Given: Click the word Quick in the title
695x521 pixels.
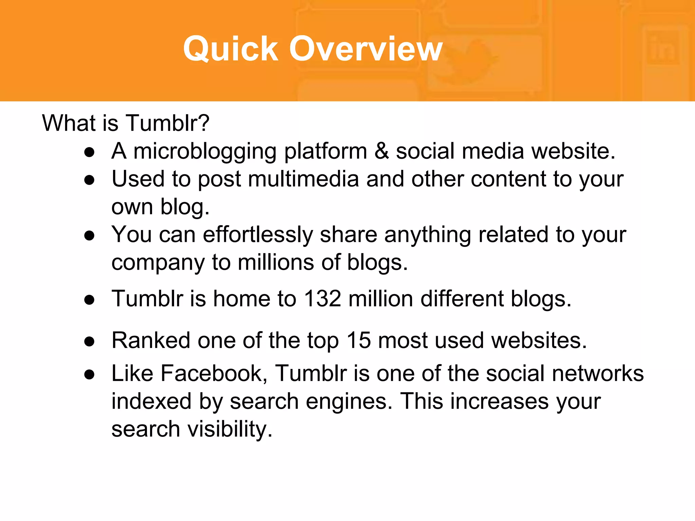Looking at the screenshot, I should (230, 49).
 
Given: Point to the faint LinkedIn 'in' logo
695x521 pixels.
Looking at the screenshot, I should (662, 49).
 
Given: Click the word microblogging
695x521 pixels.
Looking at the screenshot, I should (205, 151).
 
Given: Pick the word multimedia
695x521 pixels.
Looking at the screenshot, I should (303, 179).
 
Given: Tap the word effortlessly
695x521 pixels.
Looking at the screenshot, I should (258, 234).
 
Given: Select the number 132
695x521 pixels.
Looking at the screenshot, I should (322, 299).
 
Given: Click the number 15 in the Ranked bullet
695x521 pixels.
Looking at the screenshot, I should (359, 340).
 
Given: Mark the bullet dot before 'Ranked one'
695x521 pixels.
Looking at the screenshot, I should (90, 342).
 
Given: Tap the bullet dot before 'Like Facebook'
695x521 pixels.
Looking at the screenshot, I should (90, 375).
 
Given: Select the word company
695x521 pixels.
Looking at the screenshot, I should (158, 263).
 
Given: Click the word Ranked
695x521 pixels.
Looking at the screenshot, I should (151, 340).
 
